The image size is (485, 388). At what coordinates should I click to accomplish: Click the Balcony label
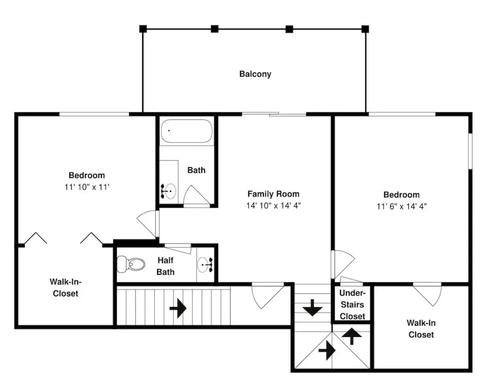pyautogui.click(x=255, y=74)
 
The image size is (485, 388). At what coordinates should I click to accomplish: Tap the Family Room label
pyautogui.click(x=273, y=194)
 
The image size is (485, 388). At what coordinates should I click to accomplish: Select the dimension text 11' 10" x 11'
pyautogui.click(x=87, y=187)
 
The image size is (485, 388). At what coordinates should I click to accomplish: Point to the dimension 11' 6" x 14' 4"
pyautogui.click(x=401, y=206)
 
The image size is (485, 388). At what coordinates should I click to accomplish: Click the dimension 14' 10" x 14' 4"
pyautogui.click(x=273, y=205)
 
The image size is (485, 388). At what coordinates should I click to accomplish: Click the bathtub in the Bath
pyautogui.click(x=186, y=131)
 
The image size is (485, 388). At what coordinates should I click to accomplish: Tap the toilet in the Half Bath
pyautogui.click(x=131, y=264)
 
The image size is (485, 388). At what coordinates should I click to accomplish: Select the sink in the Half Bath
pyautogui.click(x=205, y=265)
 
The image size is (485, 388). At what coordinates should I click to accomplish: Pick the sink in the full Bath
pyautogui.click(x=169, y=191)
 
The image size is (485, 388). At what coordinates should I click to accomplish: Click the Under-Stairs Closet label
pyautogui.click(x=352, y=304)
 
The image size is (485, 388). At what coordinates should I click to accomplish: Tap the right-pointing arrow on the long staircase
pyautogui.click(x=178, y=308)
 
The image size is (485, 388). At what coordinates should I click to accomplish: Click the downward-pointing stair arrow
pyautogui.click(x=312, y=308)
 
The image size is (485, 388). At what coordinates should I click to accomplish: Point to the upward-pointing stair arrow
pyautogui.click(x=352, y=336)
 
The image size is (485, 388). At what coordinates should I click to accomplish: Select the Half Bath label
pyautogui.click(x=165, y=266)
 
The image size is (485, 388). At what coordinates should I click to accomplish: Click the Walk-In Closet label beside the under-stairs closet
pyautogui.click(x=421, y=329)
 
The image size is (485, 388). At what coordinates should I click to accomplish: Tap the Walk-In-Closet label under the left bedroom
pyautogui.click(x=65, y=287)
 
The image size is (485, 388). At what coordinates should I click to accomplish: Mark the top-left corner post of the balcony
pyautogui.click(x=143, y=29)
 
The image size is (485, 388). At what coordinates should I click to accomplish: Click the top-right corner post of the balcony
pyautogui.click(x=365, y=29)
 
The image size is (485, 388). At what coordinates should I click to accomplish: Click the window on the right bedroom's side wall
pyautogui.click(x=470, y=151)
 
